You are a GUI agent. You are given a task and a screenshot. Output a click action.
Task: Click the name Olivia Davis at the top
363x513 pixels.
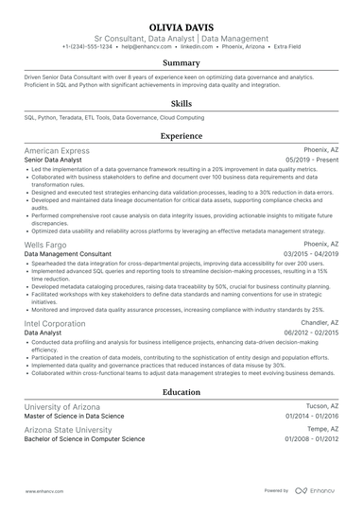181,26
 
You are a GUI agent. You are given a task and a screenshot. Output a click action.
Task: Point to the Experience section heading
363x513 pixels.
181,136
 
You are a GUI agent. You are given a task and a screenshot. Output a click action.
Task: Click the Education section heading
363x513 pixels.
181,391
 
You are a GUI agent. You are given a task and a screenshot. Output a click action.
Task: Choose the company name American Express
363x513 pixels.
57,150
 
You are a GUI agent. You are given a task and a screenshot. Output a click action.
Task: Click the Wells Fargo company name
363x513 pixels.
45,244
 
